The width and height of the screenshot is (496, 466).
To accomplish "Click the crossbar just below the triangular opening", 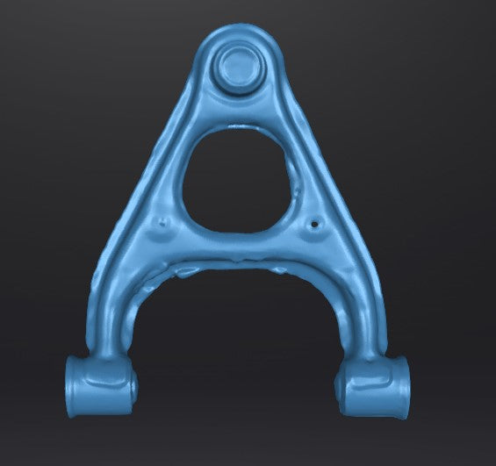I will point(239,246).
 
